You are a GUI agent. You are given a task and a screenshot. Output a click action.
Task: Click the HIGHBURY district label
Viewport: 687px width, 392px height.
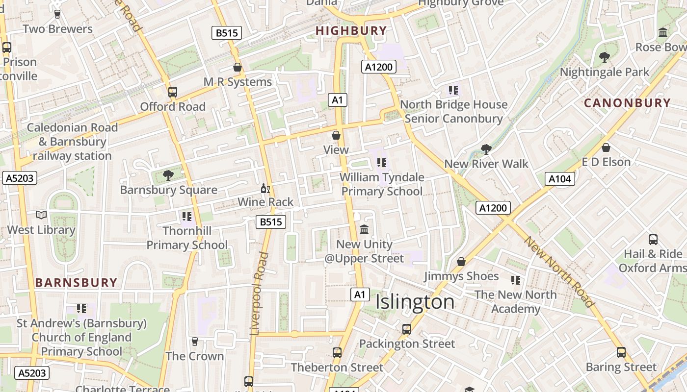click(x=351, y=31)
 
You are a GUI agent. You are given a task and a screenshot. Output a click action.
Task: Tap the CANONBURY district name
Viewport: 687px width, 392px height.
click(x=627, y=103)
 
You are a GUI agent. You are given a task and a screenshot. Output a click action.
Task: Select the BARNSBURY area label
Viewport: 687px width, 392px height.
click(x=76, y=283)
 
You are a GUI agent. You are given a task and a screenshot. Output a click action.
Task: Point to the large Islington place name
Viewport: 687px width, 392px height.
click(x=415, y=302)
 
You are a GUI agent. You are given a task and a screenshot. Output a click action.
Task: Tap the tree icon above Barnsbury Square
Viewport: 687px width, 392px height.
click(x=168, y=175)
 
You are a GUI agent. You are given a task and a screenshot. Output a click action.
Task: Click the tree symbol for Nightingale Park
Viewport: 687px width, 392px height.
click(x=605, y=57)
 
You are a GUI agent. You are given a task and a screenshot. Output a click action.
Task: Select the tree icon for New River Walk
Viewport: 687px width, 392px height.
click(x=486, y=149)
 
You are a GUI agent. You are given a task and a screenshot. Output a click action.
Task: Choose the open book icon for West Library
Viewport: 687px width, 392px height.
click(x=41, y=215)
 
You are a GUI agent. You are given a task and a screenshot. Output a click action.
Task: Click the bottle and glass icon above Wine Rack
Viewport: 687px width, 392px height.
click(x=265, y=188)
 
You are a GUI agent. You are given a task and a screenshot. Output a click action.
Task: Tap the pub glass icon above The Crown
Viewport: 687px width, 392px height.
click(x=195, y=342)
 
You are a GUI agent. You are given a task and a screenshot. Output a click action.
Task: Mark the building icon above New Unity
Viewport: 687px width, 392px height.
click(x=364, y=230)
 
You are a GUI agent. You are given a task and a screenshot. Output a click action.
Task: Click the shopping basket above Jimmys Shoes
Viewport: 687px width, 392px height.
click(x=461, y=262)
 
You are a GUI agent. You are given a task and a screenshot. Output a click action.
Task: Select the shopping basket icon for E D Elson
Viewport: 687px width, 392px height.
click(x=606, y=147)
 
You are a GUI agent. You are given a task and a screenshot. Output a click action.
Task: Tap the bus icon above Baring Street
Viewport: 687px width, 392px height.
click(x=621, y=352)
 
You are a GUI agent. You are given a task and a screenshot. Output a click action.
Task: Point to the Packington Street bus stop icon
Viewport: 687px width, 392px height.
click(x=407, y=329)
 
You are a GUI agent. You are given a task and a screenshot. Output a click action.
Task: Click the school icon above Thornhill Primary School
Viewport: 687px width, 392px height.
click(x=186, y=216)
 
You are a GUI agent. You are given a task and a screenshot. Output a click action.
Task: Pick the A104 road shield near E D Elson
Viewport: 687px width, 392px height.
click(x=559, y=179)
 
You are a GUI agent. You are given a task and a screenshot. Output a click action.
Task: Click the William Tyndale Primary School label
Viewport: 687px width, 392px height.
click(x=382, y=184)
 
